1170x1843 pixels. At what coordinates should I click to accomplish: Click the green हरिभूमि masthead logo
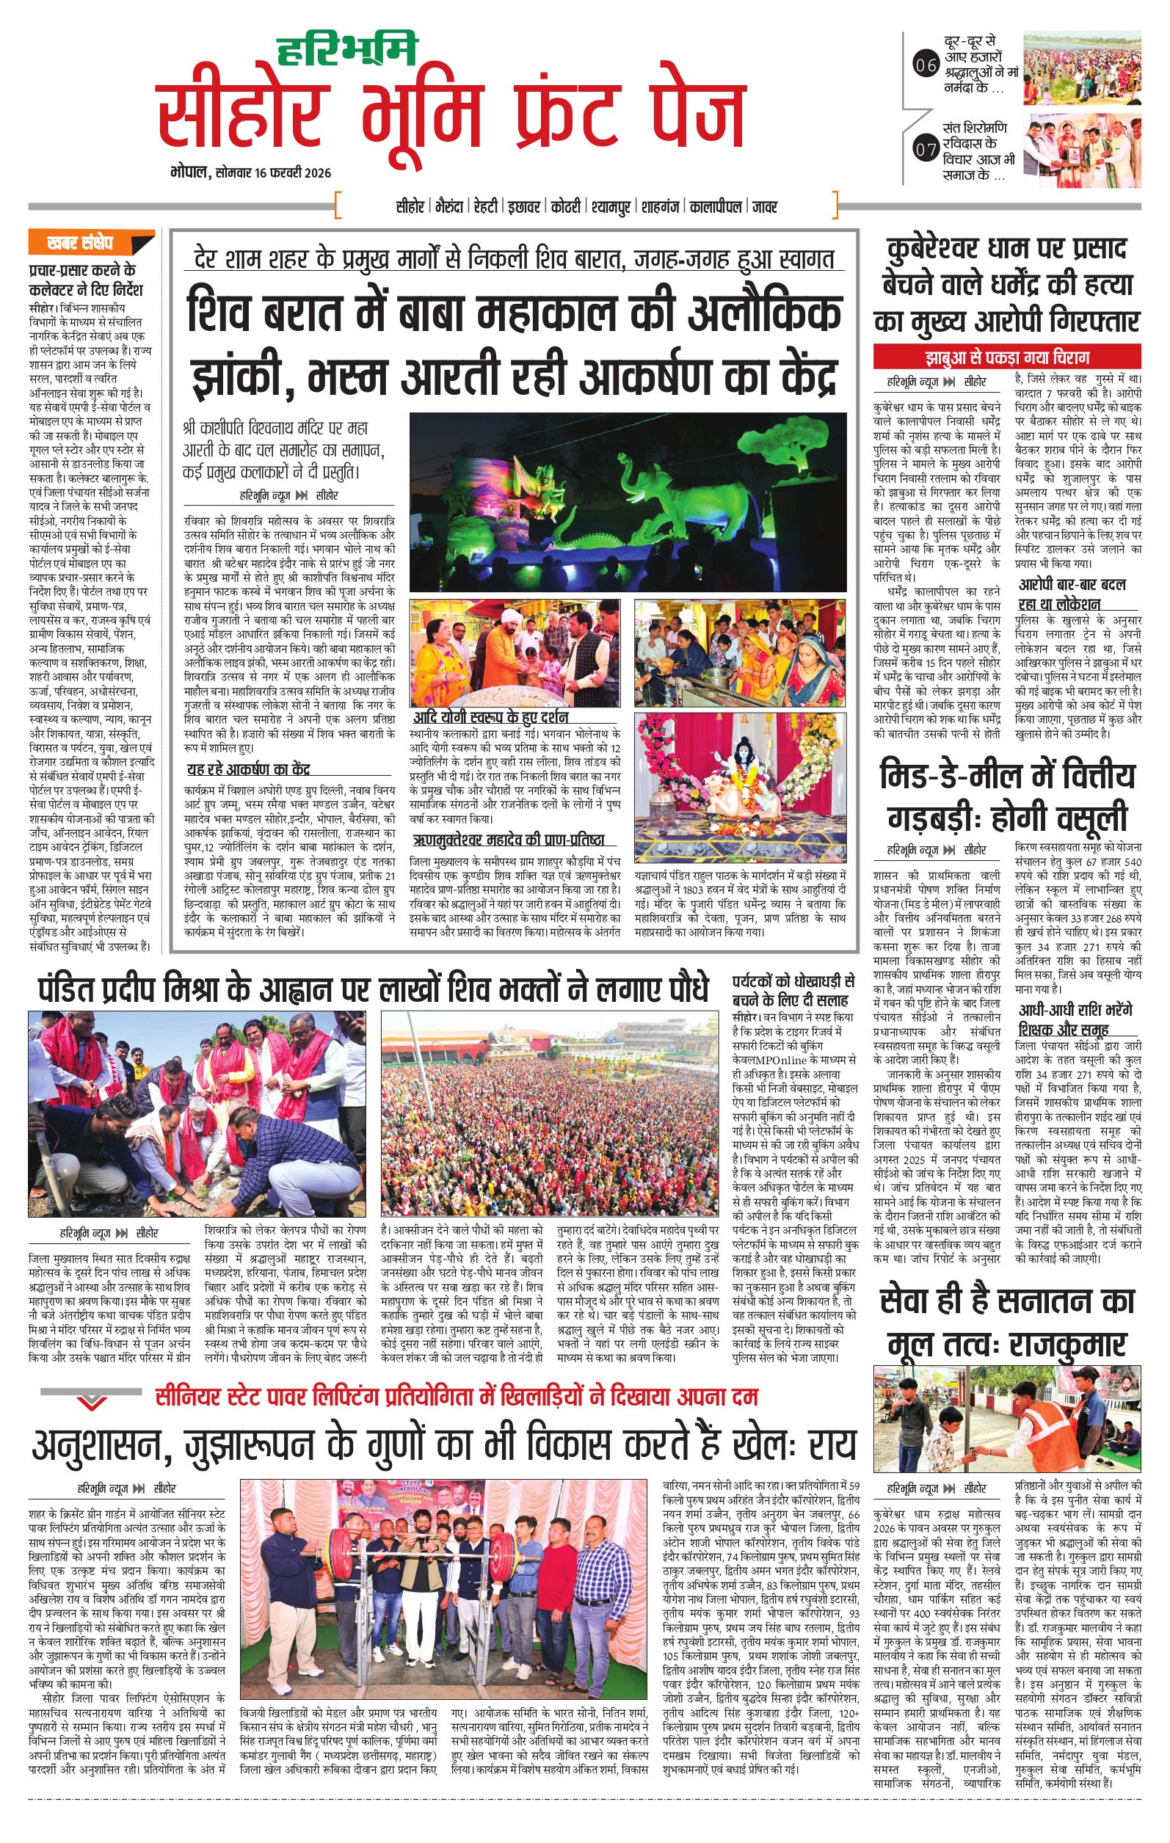point(347,48)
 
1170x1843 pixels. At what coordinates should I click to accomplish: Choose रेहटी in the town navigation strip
point(486,207)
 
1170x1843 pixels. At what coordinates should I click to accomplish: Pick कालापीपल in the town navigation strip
point(715,207)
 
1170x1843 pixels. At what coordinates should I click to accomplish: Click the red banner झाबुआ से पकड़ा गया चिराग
point(1007,357)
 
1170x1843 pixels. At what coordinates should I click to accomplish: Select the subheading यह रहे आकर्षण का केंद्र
point(249,770)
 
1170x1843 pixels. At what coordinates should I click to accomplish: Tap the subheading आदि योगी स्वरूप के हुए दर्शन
point(490,717)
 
